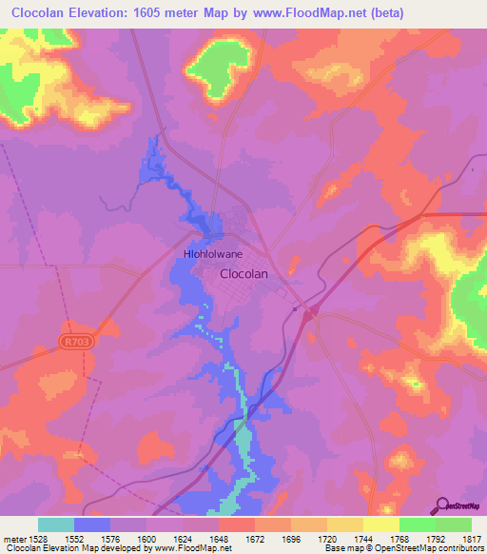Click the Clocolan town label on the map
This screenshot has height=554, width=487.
[244, 272]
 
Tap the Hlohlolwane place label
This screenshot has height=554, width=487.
[212, 254]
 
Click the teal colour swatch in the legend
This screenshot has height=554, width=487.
[56, 524]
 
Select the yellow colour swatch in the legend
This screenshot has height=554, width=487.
[381, 524]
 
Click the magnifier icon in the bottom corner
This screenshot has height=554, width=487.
[442, 505]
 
